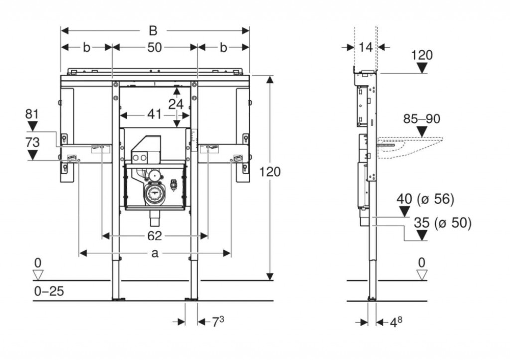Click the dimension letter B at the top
coord(153,31)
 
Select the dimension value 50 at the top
coord(155,48)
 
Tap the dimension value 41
coord(154,114)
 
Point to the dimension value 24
coord(175,104)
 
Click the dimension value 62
coord(155,235)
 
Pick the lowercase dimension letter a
coord(155,253)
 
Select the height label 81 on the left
coord(32,114)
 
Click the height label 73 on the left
coord(32,142)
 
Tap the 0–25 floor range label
coord(49,291)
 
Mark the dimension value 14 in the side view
coord(365,48)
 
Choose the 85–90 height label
coord(422,119)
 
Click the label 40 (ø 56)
coord(425,199)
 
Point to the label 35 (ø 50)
coord(442,223)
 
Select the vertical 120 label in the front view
coord(270,172)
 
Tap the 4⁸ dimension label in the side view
coord(396,322)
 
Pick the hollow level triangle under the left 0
coord(38,274)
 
